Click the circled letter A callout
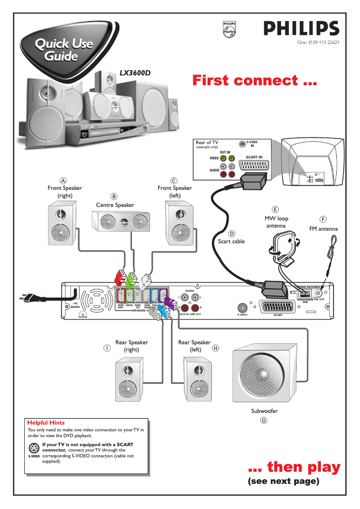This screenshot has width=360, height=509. tap(64, 180)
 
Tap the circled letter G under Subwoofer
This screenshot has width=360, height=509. tap(264, 421)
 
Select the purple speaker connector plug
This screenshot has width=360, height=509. tap(169, 302)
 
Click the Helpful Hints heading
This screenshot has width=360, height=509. tap(46, 422)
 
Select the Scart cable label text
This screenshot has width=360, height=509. tap(231, 241)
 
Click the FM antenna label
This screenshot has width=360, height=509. tap(323, 228)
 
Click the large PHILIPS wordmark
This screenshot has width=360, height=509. tap(301, 28)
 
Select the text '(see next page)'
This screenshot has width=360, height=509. tap(283, 481)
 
